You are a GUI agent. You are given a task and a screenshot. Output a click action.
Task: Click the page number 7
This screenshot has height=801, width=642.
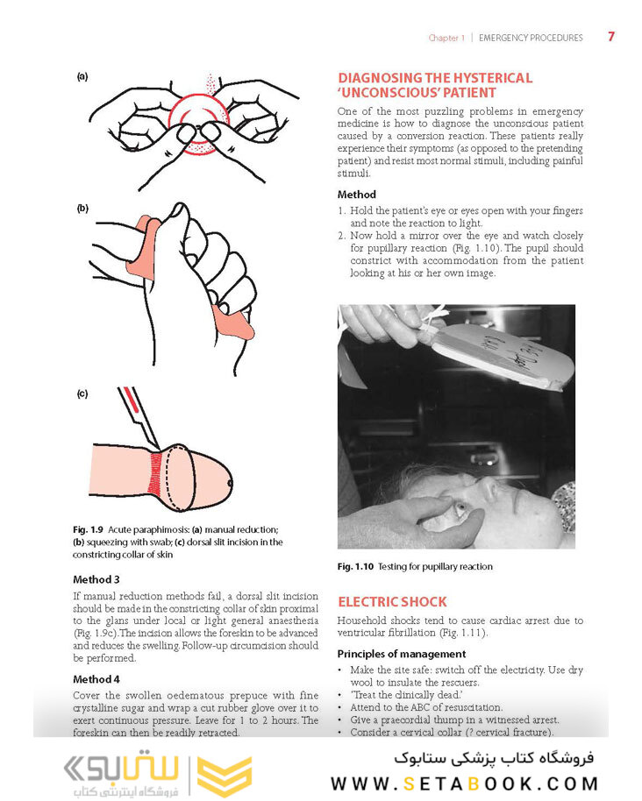pos(610,37)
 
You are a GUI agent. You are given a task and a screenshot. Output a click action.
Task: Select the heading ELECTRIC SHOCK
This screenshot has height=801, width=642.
pos(392,602)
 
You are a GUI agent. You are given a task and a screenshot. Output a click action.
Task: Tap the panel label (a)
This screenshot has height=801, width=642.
pos(82,76)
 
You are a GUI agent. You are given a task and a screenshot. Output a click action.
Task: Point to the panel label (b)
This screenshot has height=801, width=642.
pos(82,209)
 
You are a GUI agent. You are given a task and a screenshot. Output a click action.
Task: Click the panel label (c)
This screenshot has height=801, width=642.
pos(82,393)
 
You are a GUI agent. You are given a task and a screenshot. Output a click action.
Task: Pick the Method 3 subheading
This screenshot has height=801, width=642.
pos(103,579)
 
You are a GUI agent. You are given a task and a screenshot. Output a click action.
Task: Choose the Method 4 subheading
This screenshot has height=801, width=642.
pos(103,679)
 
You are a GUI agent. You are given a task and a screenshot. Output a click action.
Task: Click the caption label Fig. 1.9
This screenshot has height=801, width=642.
pos(89,530)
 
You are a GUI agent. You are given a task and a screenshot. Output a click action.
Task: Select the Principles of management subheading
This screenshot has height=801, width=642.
pos(401,654)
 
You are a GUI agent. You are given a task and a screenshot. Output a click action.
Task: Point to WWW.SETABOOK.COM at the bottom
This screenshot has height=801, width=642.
pos(462,781)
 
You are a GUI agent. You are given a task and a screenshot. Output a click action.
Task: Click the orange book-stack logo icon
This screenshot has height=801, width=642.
pos(224,765)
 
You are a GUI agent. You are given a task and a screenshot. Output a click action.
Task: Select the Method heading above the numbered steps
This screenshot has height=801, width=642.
pos(356,195)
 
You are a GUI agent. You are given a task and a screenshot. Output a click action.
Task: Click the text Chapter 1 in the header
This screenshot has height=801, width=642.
pos(446,39)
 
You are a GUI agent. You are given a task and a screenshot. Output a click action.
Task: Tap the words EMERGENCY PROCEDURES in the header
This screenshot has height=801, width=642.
pos(531,39)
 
